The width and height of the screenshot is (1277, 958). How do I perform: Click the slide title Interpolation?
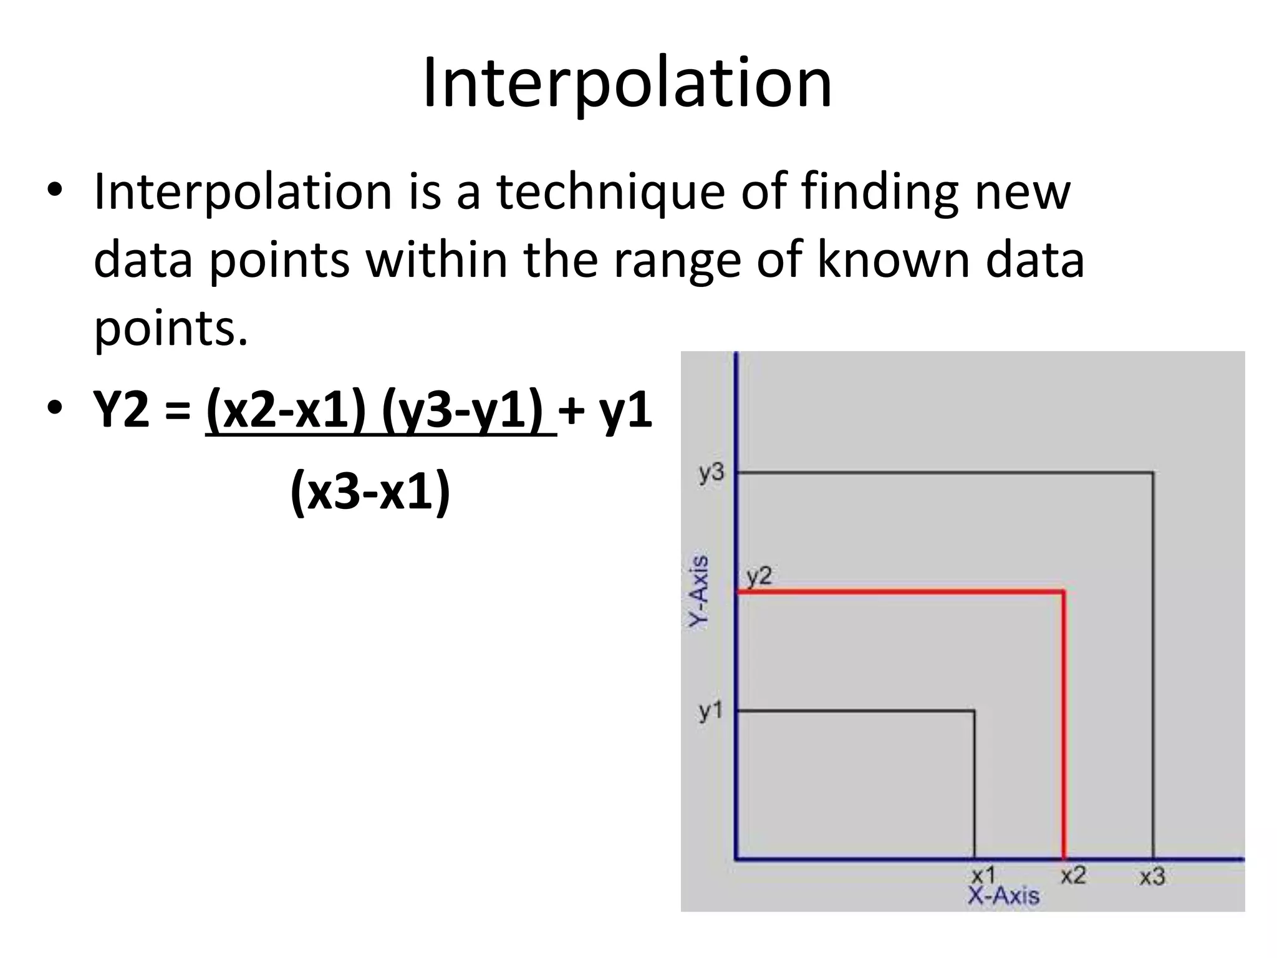tap(627, 84)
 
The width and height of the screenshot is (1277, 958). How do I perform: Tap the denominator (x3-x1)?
tap(370, 492)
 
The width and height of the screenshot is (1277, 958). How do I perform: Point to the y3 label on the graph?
tap(711, 473)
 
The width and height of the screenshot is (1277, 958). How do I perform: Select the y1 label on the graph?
tap(710, 710)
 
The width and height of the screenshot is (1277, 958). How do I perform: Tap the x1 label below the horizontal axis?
tap(983, 876)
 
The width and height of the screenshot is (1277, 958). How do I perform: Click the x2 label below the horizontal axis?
tap(1073, 876)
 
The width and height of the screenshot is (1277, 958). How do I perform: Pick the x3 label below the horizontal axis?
tap(1152, 877)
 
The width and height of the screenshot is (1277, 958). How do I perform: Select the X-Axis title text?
tap(1003, 896)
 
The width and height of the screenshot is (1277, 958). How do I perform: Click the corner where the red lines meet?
tap(1064, 591)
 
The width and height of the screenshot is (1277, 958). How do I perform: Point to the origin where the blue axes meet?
tap(737, 859)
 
